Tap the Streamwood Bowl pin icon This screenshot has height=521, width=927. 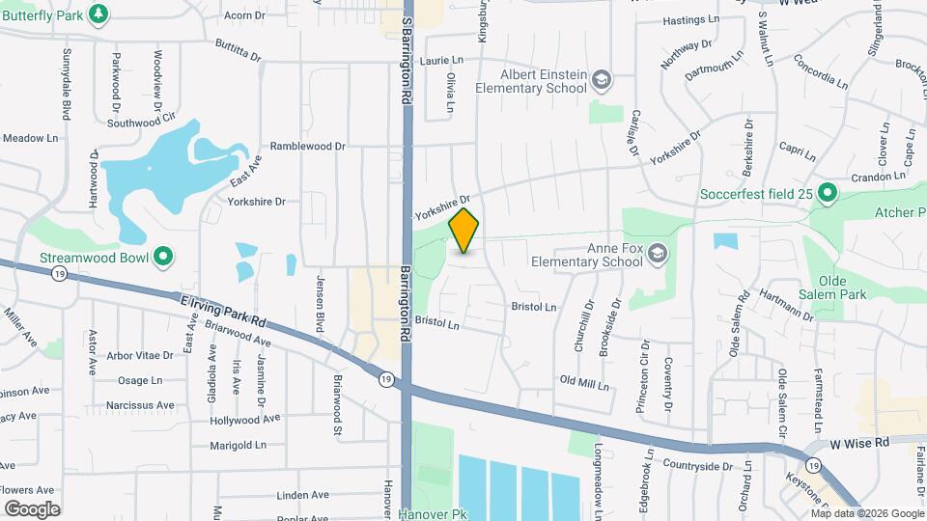164,257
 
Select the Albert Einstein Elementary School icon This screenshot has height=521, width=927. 602,80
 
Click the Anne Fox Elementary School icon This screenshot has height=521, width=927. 658,253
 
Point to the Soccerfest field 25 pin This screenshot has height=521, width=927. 827,194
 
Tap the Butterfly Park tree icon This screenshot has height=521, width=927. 98,14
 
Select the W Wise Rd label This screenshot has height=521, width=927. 859,442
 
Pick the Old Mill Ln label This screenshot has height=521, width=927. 584,383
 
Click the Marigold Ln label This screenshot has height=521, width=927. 239,446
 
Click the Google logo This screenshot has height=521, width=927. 32,508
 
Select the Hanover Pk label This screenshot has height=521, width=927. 432,514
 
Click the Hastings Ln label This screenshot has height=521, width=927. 691,19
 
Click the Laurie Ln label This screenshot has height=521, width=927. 442,60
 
